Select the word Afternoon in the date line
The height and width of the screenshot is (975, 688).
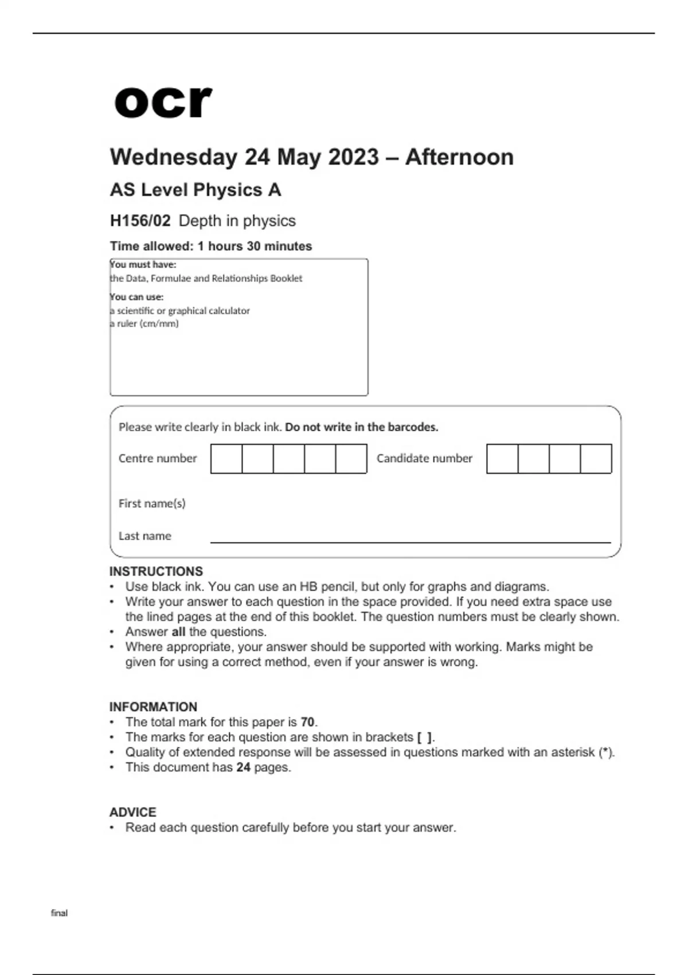point(459,157)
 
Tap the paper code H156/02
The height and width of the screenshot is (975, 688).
point(140,221)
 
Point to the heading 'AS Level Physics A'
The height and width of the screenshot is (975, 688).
point(195,190)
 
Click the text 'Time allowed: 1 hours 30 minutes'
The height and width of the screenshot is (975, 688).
point(211,246)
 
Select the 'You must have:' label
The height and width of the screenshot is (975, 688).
point(143,264)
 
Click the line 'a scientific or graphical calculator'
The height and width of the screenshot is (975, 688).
point(180,310)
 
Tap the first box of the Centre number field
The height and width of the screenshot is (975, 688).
point(226,458)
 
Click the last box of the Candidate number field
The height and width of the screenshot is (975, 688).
point(596,458)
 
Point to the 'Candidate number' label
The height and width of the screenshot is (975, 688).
point(424,458)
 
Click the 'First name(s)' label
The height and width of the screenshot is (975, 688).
point(152,503)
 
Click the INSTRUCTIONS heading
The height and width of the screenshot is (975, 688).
point(156,571)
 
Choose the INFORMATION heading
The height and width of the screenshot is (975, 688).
point(153,707)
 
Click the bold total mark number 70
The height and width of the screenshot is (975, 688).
point(307,722)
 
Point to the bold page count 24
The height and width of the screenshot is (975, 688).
point(243,767)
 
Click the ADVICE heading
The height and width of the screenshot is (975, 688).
point(132,812)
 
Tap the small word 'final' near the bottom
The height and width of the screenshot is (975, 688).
point(59,912)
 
